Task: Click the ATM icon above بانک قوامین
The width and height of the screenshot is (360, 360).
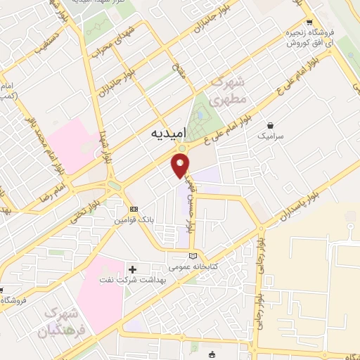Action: [134, 210]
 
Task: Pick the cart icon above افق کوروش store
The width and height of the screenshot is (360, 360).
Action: [309, 22]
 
